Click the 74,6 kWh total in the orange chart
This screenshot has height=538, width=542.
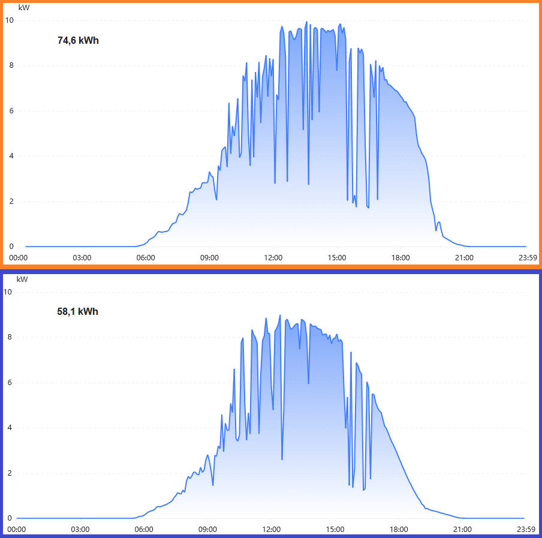click(x=78, y=41)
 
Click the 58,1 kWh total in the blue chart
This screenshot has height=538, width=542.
click(x=78, y=312)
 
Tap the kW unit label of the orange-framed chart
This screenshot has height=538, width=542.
click(x=23, y=8)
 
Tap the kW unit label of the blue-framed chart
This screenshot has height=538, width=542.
click(x=22, y=279)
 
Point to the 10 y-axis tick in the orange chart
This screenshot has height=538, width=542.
click(x=9, y=20)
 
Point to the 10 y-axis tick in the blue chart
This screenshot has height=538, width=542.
click(x=8, y=292)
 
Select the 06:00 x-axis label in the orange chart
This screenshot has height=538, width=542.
click(x=145, y=258)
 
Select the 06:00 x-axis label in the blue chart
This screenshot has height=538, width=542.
click(x=144, y=530)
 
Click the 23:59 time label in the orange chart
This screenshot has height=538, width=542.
click(x=528, y=258)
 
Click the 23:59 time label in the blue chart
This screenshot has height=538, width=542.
click(x=526, y=530)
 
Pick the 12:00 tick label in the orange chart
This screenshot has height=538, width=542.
click(x=273, y=258)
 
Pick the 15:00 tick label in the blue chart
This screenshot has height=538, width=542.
click(x=335, y=530)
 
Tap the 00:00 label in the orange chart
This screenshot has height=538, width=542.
click(x=18, y=258)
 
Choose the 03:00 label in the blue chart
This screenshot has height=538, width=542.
click(x=80, y=530)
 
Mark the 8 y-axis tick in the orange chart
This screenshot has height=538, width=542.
click(x=11, y=65)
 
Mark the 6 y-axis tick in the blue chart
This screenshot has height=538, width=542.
click(x=10, y=383)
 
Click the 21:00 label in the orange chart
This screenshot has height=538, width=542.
click(x=464, y=258)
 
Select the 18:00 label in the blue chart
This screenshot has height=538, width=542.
click(x=399, y=530)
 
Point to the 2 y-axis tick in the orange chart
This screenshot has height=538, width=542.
click(x=11, y=202)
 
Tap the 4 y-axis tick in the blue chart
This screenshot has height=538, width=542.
click(x=10, y=428)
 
